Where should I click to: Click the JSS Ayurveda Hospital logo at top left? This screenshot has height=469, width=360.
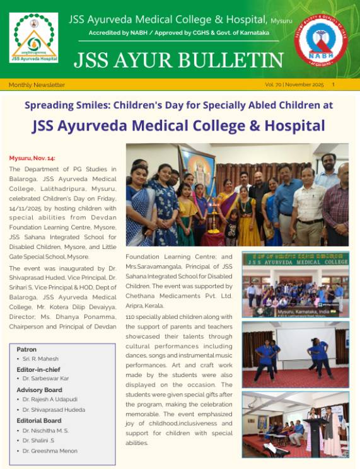click(35, 38)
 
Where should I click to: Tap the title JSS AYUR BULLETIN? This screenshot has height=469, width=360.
click(178, 60)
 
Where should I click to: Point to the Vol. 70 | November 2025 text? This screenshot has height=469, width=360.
click(294, 84)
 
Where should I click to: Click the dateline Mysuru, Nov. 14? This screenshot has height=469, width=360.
click(32, 158)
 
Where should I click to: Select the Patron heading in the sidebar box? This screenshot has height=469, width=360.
click(26, 349)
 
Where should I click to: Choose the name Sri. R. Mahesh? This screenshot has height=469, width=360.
click(44, 359)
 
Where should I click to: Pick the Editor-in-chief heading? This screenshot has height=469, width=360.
click(39, 369)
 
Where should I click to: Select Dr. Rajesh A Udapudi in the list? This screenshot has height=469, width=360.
click(54, 399)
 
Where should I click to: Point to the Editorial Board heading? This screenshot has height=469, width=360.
click(39, 420)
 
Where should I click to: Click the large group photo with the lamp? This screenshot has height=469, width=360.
click(236, 195)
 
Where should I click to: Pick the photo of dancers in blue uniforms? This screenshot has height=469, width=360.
click(295, 354)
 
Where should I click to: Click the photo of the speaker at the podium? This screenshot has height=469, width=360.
click(295, 424)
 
